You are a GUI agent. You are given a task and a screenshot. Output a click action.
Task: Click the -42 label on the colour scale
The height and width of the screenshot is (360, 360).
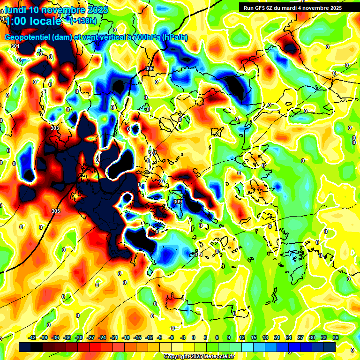click(x=32, y=337)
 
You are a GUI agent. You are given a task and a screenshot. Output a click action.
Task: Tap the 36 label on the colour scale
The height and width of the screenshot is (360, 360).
click(x=335, y=337)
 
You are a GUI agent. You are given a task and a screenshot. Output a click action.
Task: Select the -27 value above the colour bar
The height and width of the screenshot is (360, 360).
click(x=90, y=337)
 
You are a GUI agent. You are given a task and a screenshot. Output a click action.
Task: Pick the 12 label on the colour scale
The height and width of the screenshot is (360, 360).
click(x=242, y=337)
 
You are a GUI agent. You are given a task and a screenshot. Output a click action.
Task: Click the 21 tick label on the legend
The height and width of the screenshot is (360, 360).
click(x=277, y=337)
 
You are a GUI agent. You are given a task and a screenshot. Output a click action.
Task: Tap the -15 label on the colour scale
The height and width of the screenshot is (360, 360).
click(x=137, y=337)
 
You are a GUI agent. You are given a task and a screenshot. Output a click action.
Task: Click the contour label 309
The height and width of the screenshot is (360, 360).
click(x=177, y=202)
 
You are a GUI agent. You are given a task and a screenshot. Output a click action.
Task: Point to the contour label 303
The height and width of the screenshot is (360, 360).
click(x=55, y=128)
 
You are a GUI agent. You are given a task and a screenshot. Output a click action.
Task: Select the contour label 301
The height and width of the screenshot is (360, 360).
click(x=15, y=46)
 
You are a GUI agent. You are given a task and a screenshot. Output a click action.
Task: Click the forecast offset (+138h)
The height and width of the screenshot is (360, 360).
click(x=84, y=21)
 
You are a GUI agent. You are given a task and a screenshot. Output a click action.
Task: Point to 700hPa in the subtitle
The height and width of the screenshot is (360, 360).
click(x=143, y=37)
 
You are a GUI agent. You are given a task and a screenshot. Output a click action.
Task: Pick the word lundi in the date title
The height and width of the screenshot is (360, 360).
click(x=15, y=9)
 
